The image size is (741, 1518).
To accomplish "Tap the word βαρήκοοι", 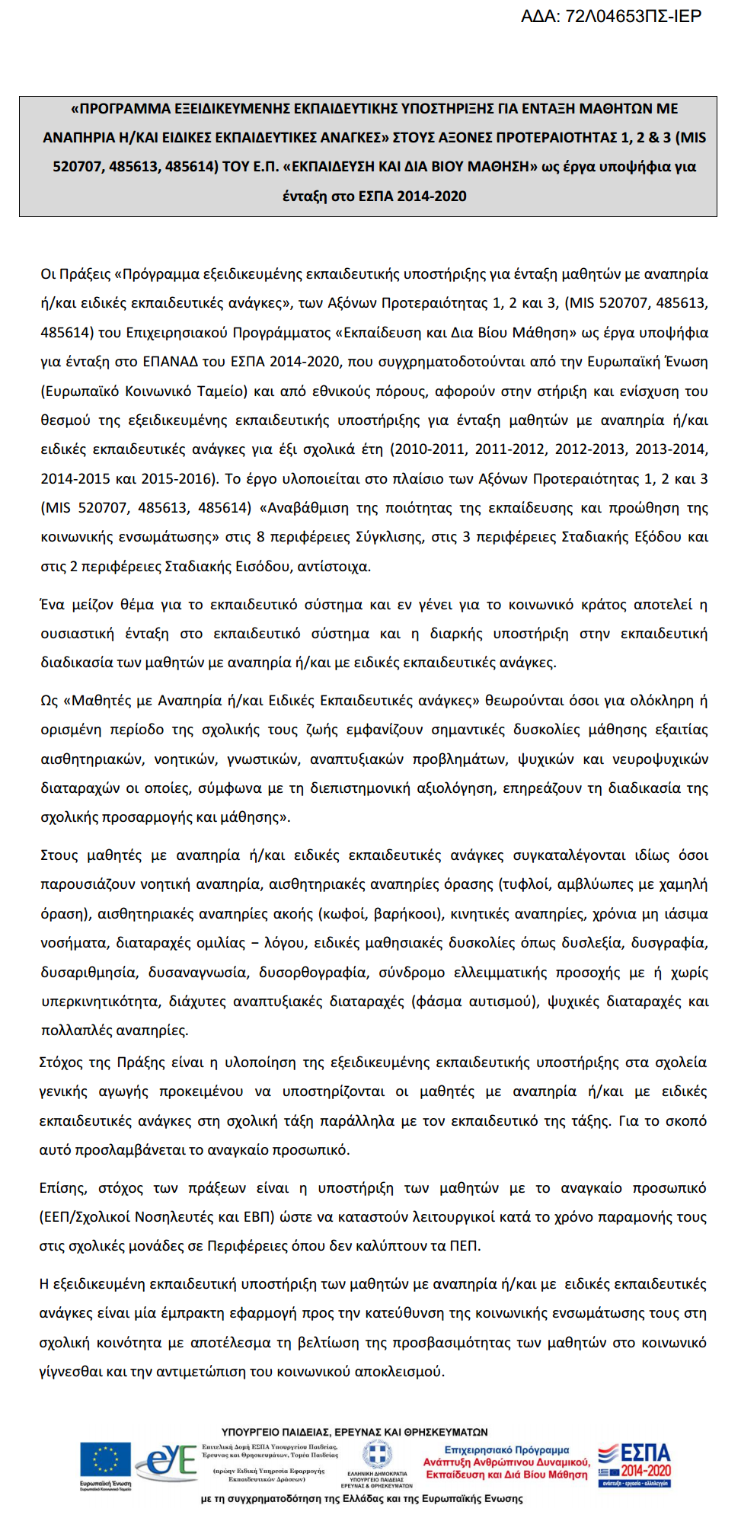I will click(x=401, y=914).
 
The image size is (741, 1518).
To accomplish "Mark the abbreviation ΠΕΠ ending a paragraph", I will click(x=464, y=1246).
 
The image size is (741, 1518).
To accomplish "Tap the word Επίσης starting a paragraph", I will click(x=64, y=1188).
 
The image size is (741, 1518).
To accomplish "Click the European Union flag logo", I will click(x=105, y=1462).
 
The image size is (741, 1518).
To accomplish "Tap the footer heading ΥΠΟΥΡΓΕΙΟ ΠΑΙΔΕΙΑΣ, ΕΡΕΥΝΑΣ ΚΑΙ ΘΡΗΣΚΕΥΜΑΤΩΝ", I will click(x=355, y=1432).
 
